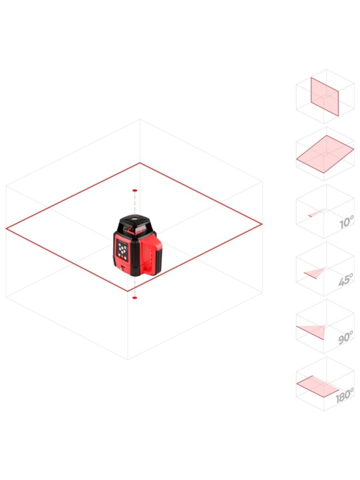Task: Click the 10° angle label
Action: pyautogui.click(x=347, y=221)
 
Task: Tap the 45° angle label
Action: pyautogui.click(x=346, y=280)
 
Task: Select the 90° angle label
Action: pyautogui.click(x=346, y=337)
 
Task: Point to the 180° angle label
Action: pyautogui.click(x=344, y=395)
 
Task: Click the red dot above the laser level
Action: pyautogui.click(x=134, y=190)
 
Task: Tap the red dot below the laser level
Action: pyautogui.click(x=134, y=298)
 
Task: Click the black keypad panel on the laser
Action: pyautogui.click(x=122, y=250)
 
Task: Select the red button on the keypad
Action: pyautogui.click(x=125, y=258)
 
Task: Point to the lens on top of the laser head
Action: pyautogui.click(x=134, y=219)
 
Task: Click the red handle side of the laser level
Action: pyautogui.click(x=152, y=254)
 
